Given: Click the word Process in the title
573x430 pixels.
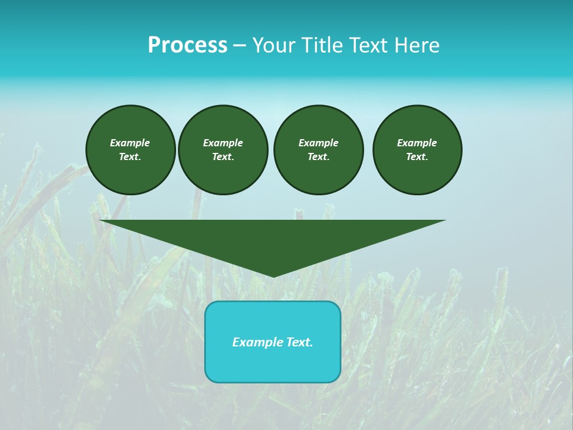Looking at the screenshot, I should click(187, 45).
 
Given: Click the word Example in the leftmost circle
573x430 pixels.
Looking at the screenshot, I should click(130, 143).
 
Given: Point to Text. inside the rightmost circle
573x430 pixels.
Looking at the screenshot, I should click(417, 157).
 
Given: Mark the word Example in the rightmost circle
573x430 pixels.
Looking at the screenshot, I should click(417, 143).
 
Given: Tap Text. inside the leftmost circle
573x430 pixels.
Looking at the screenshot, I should click(130, 157).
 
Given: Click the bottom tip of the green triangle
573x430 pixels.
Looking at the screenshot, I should click(273, 275).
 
